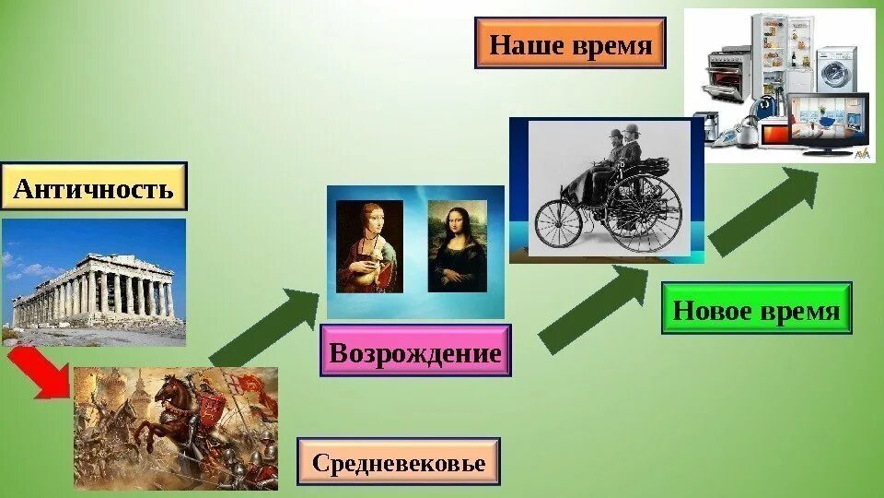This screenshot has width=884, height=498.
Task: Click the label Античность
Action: (94, 189)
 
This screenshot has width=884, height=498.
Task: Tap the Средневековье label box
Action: (398, 461)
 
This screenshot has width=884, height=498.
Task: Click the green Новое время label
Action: (756, 309)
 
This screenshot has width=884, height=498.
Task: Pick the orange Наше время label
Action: (569, 43)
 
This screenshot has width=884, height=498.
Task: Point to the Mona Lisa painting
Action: (457, 247)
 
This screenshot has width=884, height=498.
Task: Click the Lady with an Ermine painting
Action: (369, 247)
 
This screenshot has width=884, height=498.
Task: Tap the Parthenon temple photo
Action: (94, 281)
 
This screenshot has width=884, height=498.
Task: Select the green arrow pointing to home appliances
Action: (763, 211)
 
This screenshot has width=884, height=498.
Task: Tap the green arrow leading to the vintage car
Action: (594, 310)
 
